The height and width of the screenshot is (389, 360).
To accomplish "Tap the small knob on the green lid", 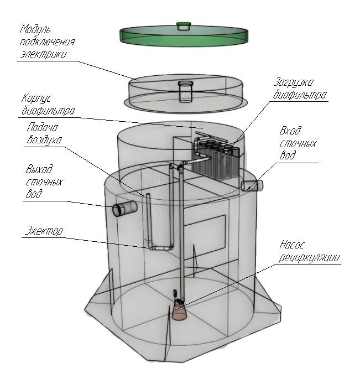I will (x=183, y=25).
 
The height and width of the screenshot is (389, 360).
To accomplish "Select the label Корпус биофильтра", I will (x=47, y=105).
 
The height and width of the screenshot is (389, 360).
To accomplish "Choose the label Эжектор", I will (x=44, y=230).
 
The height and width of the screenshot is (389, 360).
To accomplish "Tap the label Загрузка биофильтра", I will (x=300, y=89).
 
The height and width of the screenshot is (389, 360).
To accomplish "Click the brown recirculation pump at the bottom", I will (x=179, y=311).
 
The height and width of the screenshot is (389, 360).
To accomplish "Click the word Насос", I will (x=293, y=244).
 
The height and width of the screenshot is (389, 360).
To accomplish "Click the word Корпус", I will (x=38, y=98).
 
